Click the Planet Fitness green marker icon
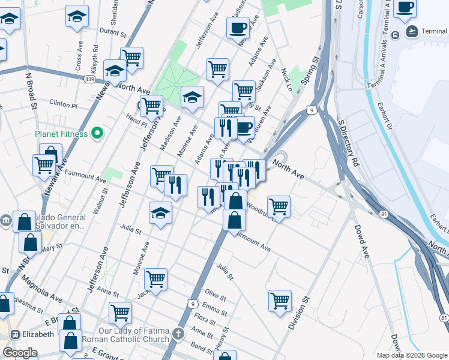95,133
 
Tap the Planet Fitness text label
61,134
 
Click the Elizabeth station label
38,334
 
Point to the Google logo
19,353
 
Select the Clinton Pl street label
64,104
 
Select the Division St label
298,313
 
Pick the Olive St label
215,296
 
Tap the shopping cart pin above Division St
280,300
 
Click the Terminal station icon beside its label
396,34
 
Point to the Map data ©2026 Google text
411,355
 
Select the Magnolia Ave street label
42,288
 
